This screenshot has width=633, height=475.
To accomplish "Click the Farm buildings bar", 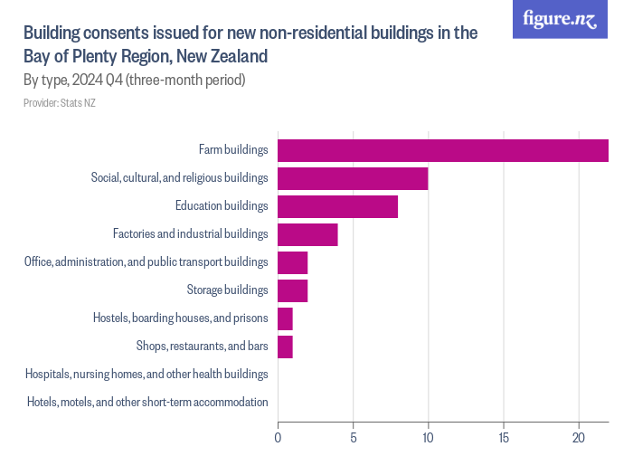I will click(x=442, y=150).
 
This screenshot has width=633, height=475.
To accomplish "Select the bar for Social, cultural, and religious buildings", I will click(x=353, y=178).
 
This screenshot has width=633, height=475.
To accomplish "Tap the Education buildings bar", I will click(x=337, y=206).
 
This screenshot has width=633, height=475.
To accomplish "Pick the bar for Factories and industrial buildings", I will click(x=307, y=234).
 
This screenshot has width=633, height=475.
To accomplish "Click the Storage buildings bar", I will click(x=292, y=290).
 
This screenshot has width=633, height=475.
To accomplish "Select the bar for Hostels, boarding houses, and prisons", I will click(x=285, y=318).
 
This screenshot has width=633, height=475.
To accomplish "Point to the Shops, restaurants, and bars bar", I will click(x=285, y=347).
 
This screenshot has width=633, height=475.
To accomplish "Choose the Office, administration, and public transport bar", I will click(x=292, y=262).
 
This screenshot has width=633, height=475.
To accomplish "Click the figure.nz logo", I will click(x=560, y=19).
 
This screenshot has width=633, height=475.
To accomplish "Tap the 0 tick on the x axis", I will click(x=278, y=437).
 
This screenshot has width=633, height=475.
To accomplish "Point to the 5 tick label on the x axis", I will click(x=353, y=437).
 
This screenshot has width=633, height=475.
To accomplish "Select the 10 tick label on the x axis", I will click(x=428, y=437).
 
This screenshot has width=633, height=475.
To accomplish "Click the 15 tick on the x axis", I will click(x=503, y=437).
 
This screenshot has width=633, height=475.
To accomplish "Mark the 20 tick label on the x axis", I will click(x=578, y=437).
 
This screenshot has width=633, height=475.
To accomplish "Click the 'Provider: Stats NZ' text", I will click(x=60, y=103).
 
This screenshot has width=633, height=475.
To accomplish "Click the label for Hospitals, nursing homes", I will click(x=146, y=374).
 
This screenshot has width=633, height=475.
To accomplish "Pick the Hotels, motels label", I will click(x=147, y=402).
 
